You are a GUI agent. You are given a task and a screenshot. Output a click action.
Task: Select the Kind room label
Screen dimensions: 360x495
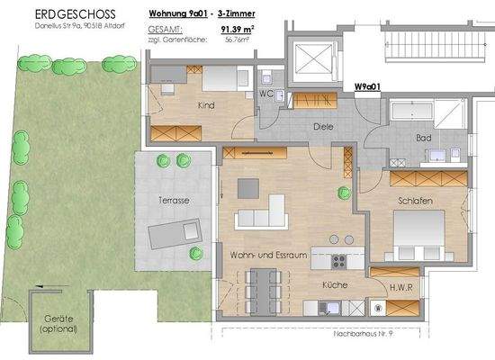pos(206,105)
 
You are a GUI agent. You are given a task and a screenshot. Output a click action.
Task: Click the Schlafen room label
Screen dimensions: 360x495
pos(417,202)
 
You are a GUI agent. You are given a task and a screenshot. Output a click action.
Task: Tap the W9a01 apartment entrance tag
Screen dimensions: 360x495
pos(367,87)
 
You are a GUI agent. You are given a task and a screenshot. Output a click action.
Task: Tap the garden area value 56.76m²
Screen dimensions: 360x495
pos(237,40)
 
